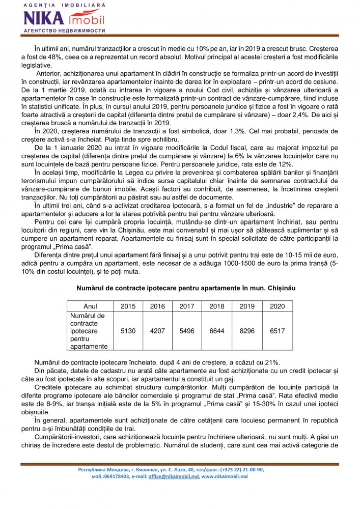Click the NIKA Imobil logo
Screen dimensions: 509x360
click(63, 19)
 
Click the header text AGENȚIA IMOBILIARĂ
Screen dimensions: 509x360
click(63, 5)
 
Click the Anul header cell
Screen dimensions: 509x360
click(90, 306)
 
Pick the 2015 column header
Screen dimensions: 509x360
click(128, 306)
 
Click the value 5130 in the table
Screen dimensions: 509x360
click(128, 331)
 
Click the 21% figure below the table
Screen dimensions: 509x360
click(270, 362)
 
